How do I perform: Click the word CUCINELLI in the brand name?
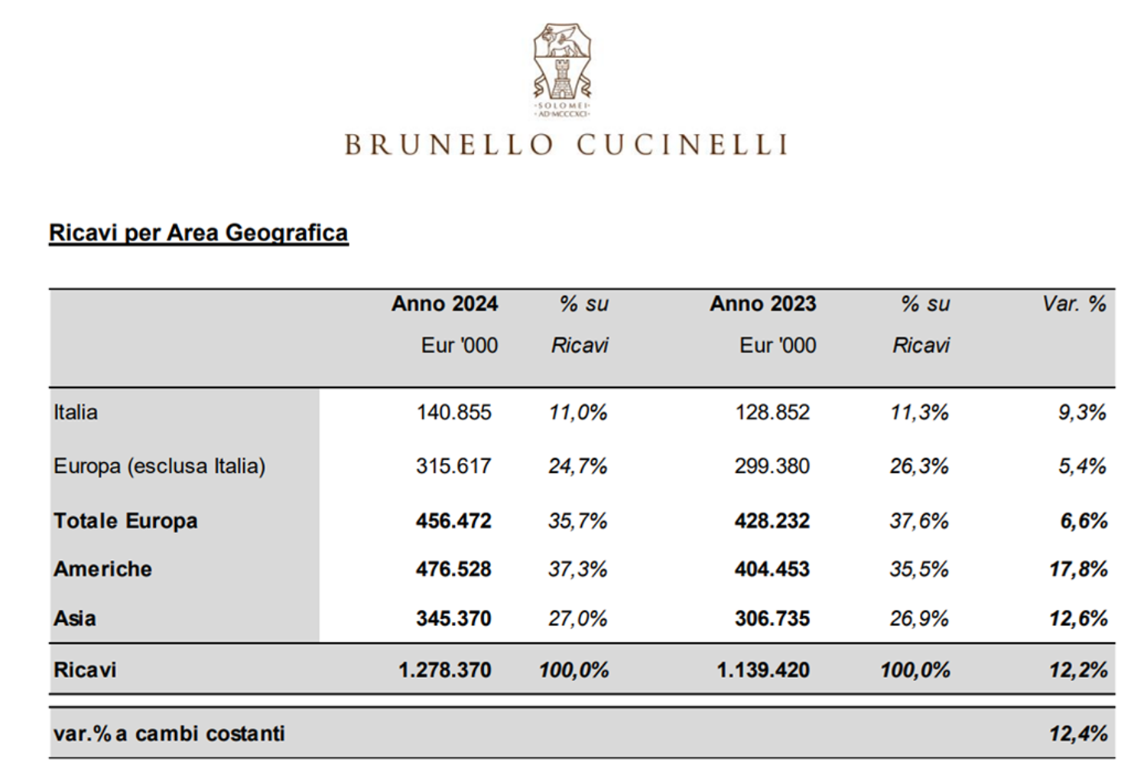tap(682, 145)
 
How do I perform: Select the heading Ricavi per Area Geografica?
tap(199, 233)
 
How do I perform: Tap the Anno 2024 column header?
tap(444, 304)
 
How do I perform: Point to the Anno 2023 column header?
tap(763, 304)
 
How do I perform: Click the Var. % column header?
tap(1075, 304)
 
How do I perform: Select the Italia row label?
tap(75, 412)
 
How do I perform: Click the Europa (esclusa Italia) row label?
tap(159, 466)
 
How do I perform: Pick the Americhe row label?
tap(103, 569)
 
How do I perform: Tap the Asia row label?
tap(75, 618)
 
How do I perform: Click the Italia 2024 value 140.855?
tap(453, 412)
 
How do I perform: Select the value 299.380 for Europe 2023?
tap(772, 466)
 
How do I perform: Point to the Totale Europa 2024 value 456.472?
tap(453, 521)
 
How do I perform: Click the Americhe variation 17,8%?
tap(1078, 569)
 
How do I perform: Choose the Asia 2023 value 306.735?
tap(772, 618)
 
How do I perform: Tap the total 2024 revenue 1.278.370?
tap(445, 670)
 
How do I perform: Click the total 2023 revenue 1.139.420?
tap(763, 670)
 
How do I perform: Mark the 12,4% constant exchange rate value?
tap(1078, 734)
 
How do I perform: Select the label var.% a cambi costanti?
tap(169, 734)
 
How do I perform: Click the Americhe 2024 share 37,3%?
tap(578, 569)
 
